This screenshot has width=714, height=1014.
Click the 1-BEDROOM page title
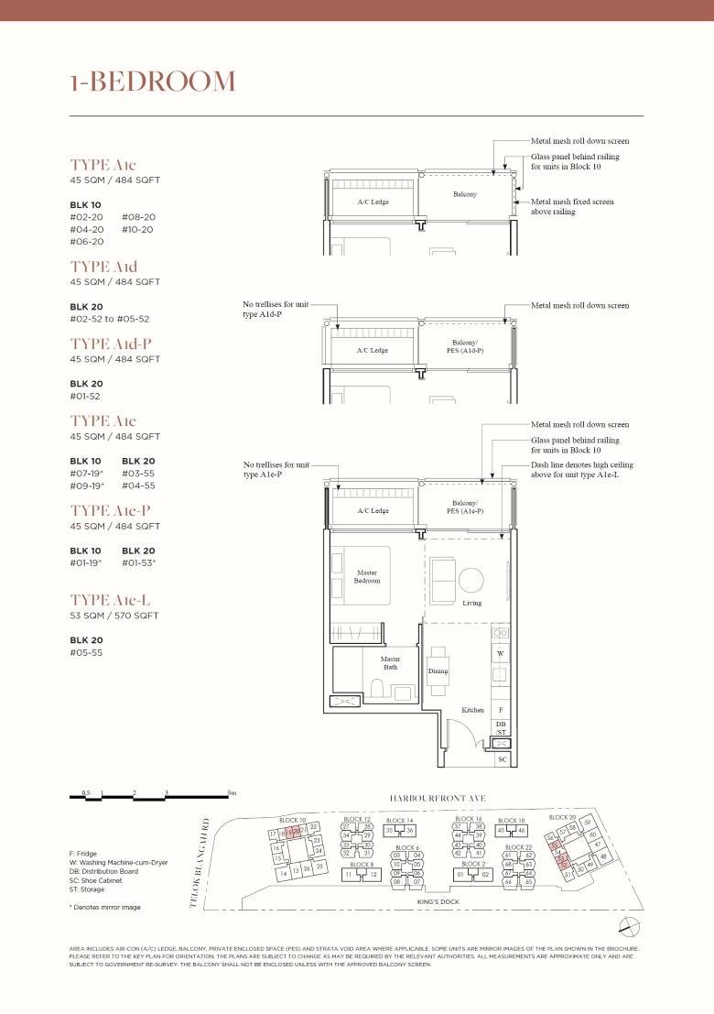tap(152, 82)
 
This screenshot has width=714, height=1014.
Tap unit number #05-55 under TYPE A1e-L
tap(87, 653)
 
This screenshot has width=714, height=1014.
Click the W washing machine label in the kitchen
tap(501, 654)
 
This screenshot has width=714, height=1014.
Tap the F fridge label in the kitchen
tap(501, 710)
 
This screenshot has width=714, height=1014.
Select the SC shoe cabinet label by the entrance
tap(502, 759)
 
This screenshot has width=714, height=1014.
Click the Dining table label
tap(438, 671)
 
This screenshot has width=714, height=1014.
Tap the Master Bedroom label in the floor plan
tap(366, 577)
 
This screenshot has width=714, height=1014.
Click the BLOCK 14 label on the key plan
tap(399, 821)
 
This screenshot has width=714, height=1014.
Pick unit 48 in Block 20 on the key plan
tap(603, 856)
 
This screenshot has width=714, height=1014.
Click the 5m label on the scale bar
tap(233, 792)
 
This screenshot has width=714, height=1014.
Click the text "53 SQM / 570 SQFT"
tap(114, 616)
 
